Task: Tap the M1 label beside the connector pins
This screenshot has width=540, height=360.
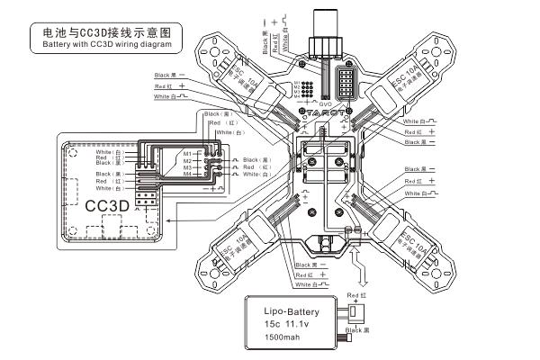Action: point(186,153)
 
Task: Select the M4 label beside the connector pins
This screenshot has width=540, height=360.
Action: point(186,175)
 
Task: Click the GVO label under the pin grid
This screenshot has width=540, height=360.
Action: point(326,103)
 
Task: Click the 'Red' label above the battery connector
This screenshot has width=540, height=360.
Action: point(355,295)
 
